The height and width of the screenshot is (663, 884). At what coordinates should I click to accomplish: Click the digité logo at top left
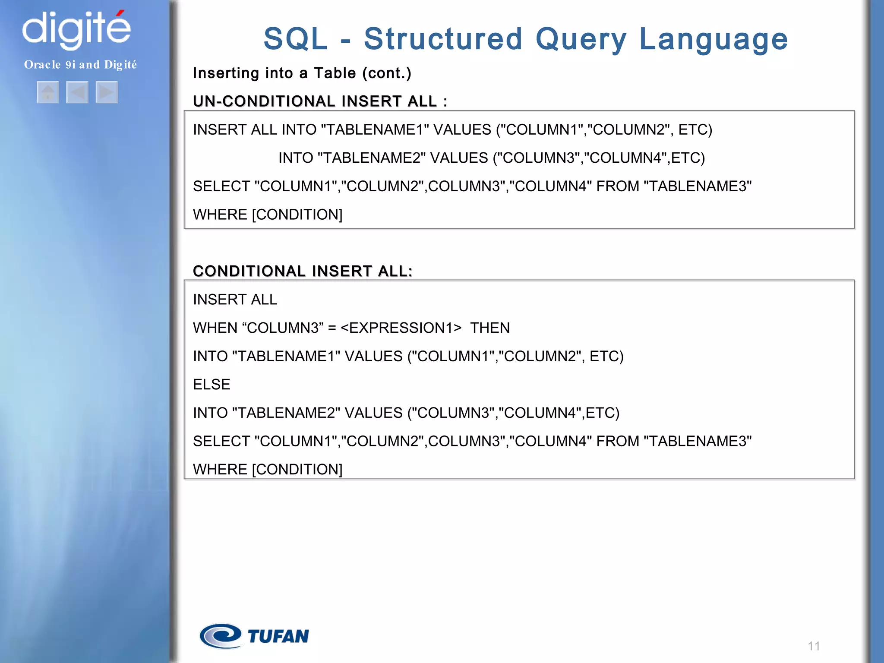(x=76, y=29)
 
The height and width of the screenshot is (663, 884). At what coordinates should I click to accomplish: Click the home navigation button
(x=48, y=92)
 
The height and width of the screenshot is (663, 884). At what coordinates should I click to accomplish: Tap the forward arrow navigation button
(x=107, y=92)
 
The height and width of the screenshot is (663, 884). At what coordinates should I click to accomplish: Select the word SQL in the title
(x=296, y=39)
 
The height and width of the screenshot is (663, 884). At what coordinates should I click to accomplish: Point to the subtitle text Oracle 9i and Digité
(x=80, y=65)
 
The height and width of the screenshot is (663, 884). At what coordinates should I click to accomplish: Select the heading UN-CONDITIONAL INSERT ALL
(x=315, y=101)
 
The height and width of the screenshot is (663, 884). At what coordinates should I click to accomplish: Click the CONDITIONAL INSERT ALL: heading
(x=303, y=271)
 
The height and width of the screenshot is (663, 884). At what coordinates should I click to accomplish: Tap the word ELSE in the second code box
(x=212, y=384)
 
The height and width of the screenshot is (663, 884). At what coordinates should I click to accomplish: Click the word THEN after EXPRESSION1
(x=490, y=328)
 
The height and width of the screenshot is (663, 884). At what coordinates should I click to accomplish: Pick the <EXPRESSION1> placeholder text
(x=401, y=328)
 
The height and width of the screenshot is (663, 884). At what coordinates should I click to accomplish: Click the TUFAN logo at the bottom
(x=254, y=636)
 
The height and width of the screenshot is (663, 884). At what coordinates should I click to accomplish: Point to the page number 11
(x=814, y=646)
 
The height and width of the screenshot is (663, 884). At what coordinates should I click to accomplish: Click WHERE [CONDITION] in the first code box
(x=268, y=215)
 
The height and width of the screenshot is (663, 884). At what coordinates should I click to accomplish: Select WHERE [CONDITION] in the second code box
(x=268, y=469)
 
